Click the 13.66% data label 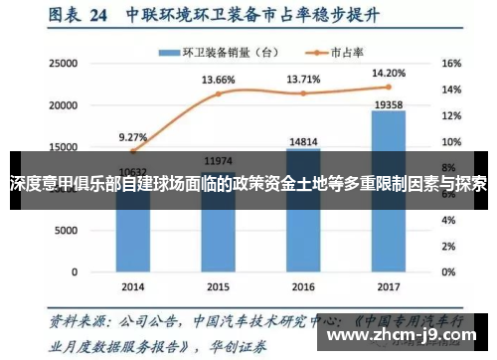[218, 80]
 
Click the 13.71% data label [303, 79]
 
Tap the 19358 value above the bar [388, 102]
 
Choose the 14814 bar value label [303, 141]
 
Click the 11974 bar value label [218, 160]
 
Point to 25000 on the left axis [63, 63]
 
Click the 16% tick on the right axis [450, 63]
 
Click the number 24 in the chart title [97, 16]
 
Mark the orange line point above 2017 [388, 87]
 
